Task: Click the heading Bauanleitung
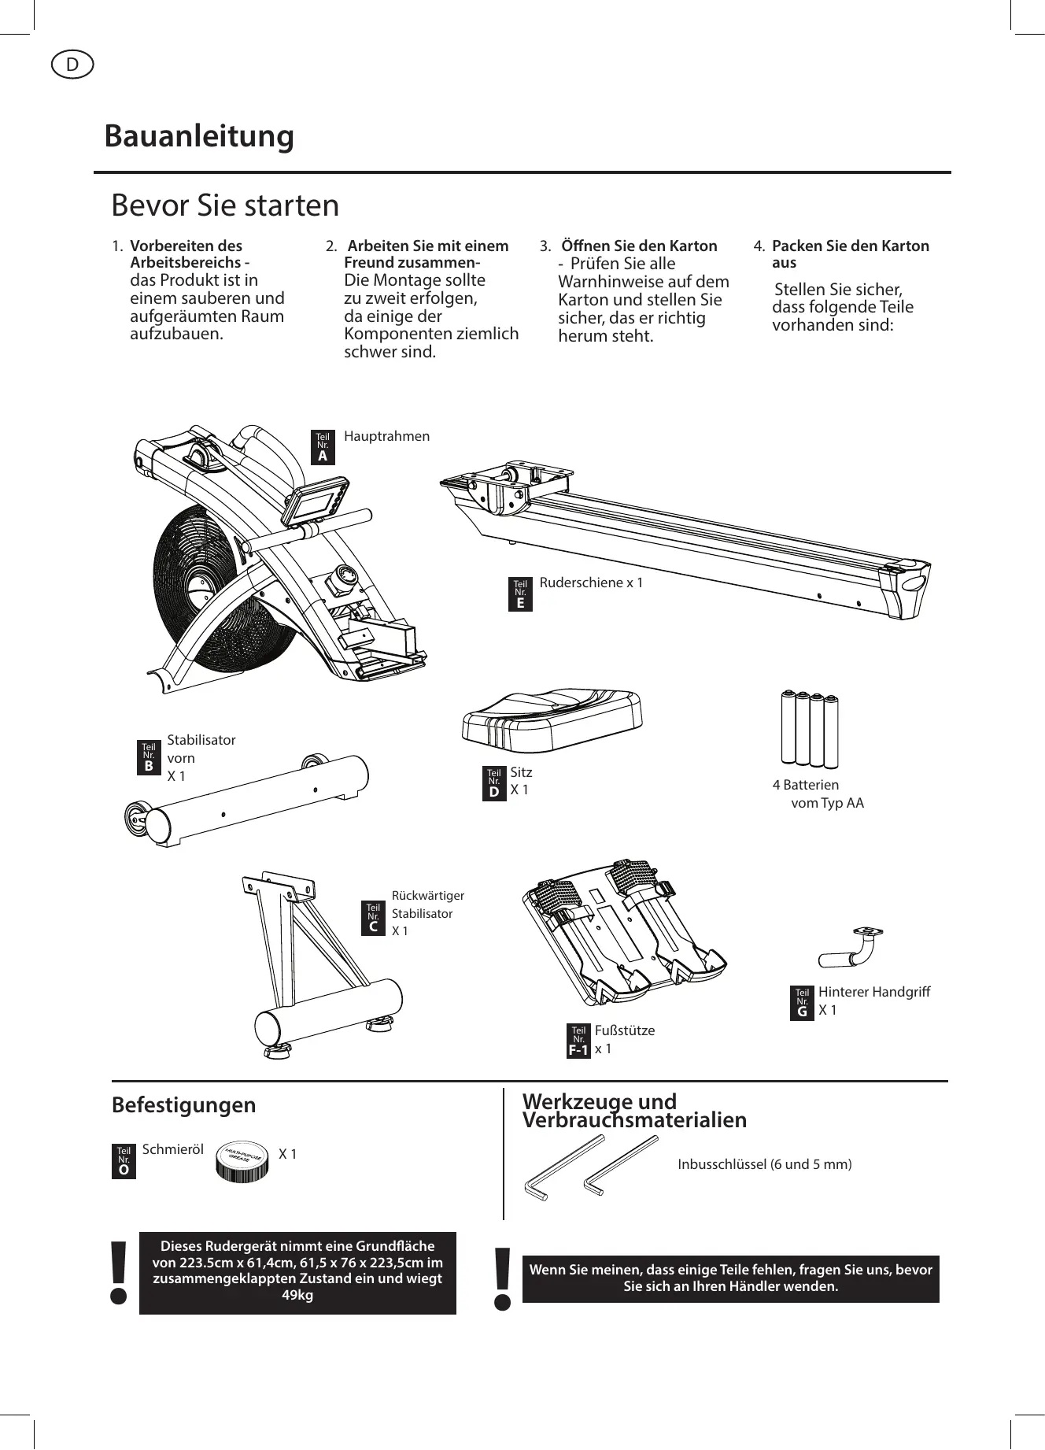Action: coord(199,135)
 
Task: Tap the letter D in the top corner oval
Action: coord(72,65)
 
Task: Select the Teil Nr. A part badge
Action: coord(323,447)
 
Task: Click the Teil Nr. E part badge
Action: coord(520,594)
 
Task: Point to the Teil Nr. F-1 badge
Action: coord(578,1041)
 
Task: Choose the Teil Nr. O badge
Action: coord(124,1161)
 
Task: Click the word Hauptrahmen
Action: coord(386,436)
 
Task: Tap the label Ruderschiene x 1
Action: coord(591,583)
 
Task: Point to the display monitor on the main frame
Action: coord(315,504)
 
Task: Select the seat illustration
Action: coord(552,718)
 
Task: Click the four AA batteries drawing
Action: coord(809,728)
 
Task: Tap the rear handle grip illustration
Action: coord(850,949)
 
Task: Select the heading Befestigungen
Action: coord(183,1104)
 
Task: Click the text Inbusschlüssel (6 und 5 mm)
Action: coord(764,1163)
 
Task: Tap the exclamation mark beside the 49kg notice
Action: coord(119,1272)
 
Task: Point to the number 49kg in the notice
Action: coord(297,1295)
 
